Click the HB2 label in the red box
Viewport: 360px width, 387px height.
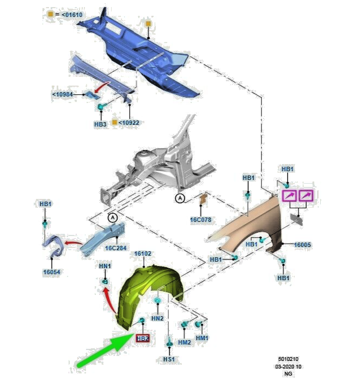click(x=143, y=338)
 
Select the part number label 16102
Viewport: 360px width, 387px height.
click(x=143, y=253)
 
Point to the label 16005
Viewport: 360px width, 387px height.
click(x=302, y=245)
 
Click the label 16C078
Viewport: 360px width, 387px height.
click(x=200, y=220)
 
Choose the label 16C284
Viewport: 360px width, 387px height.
click(x=115, y=248)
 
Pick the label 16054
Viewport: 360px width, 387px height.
click(x=52, y=272)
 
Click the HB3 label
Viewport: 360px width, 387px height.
click(x=100, y=124)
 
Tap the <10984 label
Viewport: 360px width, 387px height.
click(x=63, y=94)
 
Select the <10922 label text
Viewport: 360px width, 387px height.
click(x=129, y=123)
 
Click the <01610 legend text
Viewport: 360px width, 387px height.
click(x=72, y=15)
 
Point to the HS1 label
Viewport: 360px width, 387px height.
click(x=169, y=359)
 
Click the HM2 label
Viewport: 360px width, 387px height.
click(x=185, y=342)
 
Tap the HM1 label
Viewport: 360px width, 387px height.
click(x=202, y=338)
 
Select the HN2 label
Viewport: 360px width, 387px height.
click(x=157, y=318)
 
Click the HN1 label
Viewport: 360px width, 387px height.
click(x=105, y=266)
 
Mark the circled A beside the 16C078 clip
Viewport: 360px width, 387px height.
click(x=180, y=198)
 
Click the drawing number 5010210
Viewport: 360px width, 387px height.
click(x=288, y=359)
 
